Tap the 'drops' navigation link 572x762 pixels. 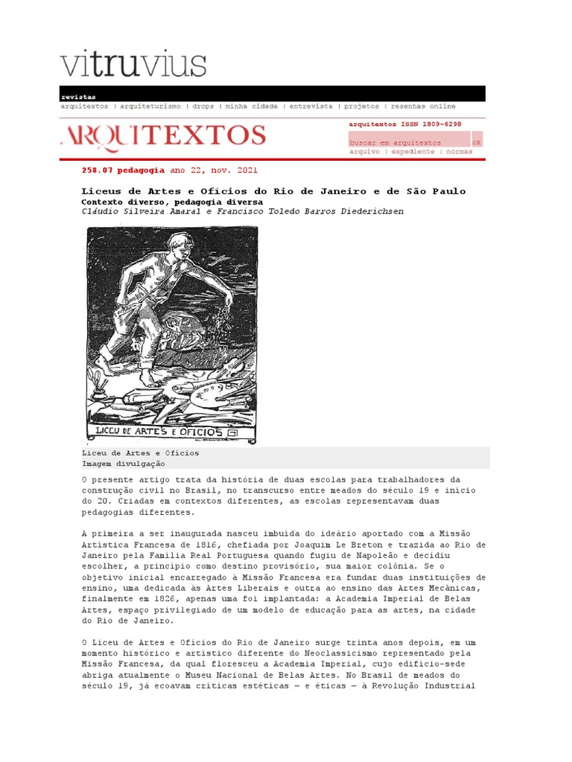203,106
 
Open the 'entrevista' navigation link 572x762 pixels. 311,106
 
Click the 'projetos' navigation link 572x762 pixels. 361,106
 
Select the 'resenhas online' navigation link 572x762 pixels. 423,106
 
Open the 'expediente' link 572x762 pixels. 413,151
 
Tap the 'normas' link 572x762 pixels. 460,151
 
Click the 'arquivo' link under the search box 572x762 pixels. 365,151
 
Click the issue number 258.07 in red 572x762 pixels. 95,170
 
